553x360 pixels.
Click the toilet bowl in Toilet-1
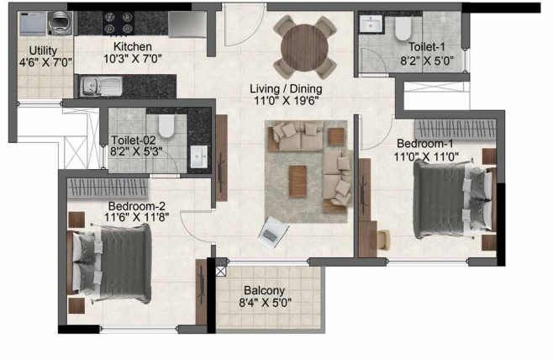(x=401, y=31)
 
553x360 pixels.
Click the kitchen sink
(x=101, y=85)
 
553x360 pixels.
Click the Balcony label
(x=266, y=290)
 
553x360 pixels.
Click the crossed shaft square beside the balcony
(x=221, y=271)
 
